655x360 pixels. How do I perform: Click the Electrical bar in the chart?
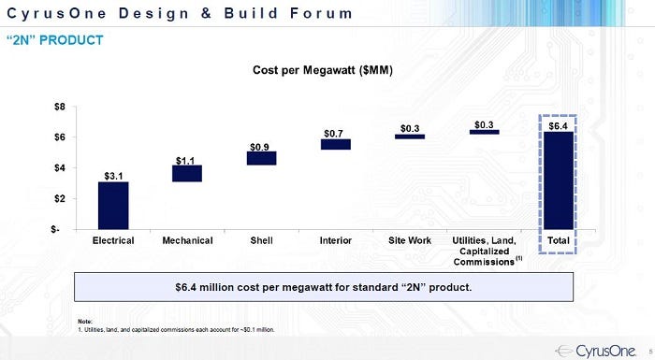(x=112, y=205)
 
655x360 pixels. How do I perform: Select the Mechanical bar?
(x=186, y=173)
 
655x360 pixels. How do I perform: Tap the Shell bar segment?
(x=261, y=158)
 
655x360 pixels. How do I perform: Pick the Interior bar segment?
(x=335, y=144)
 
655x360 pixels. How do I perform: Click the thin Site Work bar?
(x=409, y=137)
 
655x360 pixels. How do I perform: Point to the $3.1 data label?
(x=112, y=175)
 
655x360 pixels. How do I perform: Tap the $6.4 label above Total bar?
(x=559, y=125)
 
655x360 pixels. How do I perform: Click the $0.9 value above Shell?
(x=260, y=147)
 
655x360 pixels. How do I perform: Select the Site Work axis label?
(x=409, y=241)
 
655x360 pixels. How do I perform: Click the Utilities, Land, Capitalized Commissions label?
(x=485, y=251)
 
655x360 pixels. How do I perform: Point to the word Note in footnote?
(x=85, y=322)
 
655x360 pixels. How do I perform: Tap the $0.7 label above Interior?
(x=334, y=134)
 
